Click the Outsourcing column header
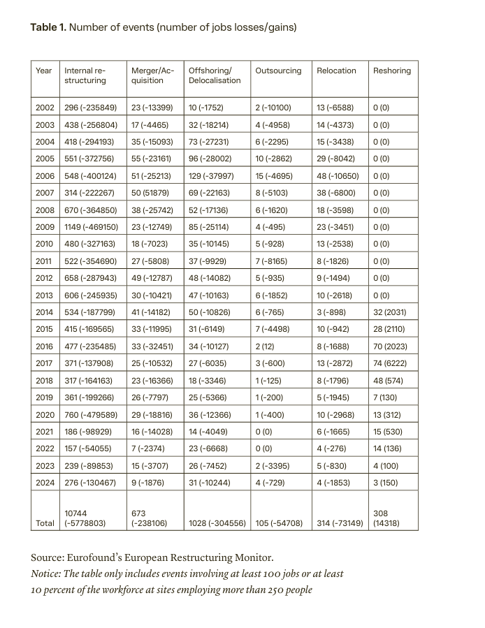pyautogui.click(x=278, y=71)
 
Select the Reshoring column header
pyautogui.click(x=392, y=71)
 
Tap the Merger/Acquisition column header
pyautogui.click(x=152, y=75)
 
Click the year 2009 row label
pyautogui.click(x=44, y=226)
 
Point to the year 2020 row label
pyautogui.click(x=44, y=414)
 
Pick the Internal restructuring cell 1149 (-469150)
pyautogui.click(x=92, y=226)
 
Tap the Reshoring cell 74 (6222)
pyautogui.click(x=392, y=363)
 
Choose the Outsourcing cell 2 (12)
pyautogui.click(x=269, y=346)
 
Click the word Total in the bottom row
pyautogui.click(x=45, y=523)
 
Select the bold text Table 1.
pyautogui.click(x=48, y=28)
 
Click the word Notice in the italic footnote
pyautogui.click(x=46, y=574)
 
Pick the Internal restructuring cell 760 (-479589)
pyautogui.click(x=92, y=414)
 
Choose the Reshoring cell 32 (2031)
pyautogui.click(x=392, y=312)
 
